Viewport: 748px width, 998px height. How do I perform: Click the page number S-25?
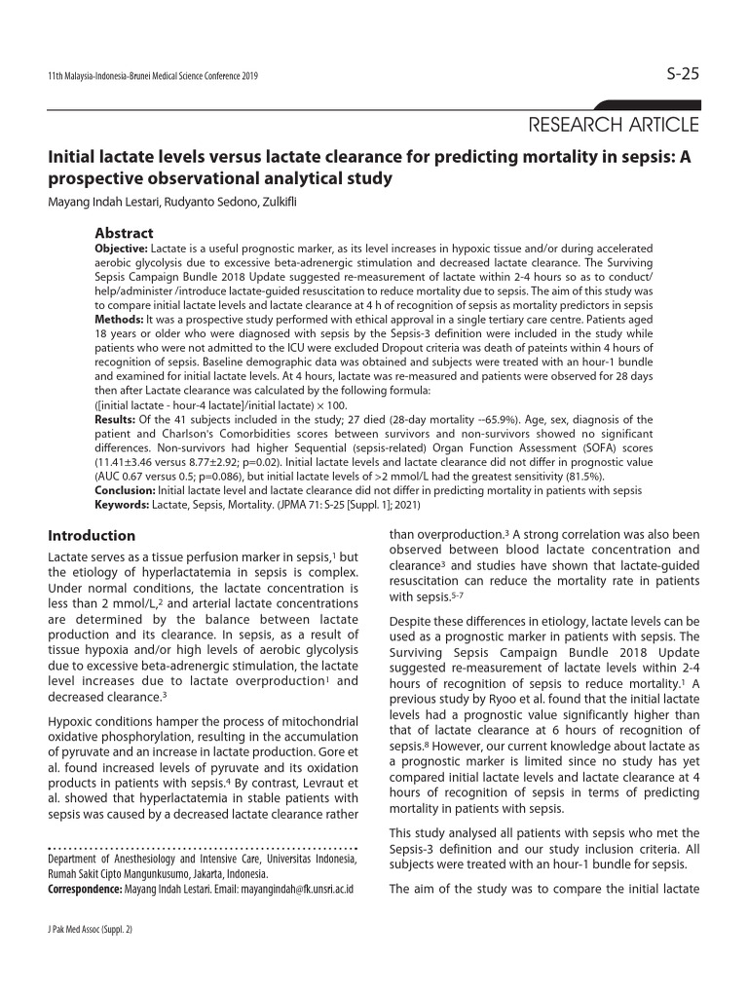click(682, 74)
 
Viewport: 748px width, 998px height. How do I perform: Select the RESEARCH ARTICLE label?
click(613, 125)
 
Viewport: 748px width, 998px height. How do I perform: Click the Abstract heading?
click(124, 234)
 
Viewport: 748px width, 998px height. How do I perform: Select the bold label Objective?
click(121, 249)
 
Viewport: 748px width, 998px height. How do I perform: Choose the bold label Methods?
click(119, 319)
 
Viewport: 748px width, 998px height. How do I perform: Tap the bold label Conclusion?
click(125, 490)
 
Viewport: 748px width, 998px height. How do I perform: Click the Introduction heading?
click(92, 536)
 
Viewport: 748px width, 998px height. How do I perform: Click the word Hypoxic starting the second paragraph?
click(72, 721)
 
